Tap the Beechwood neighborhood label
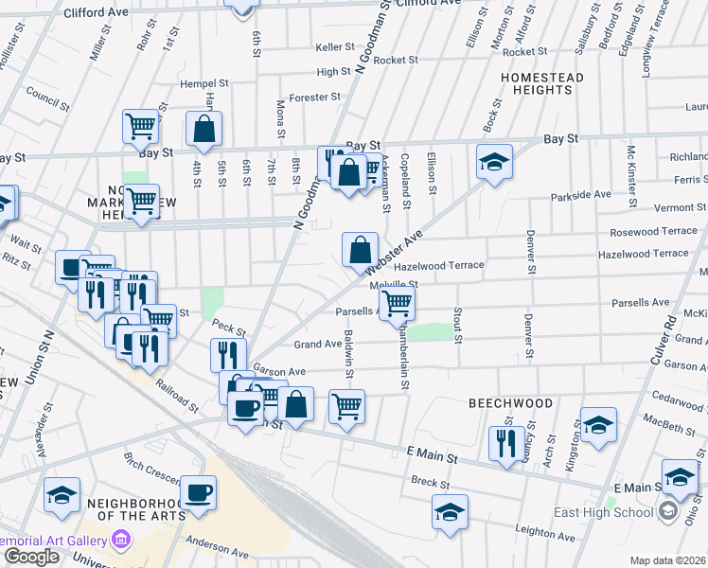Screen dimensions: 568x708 tap(511, 403)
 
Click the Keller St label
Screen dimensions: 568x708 tap(334, 46)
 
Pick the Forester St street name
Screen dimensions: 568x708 tap(314, 98)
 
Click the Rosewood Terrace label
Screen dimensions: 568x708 tap(653, 231)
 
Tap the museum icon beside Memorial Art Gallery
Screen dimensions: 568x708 tap(121, 541)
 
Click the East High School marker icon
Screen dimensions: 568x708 tap(668, 512)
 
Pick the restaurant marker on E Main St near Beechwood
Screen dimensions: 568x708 tap(507, 441)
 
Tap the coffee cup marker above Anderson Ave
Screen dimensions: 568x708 tap(198, 491)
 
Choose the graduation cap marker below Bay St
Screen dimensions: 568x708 tap(493, 161)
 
